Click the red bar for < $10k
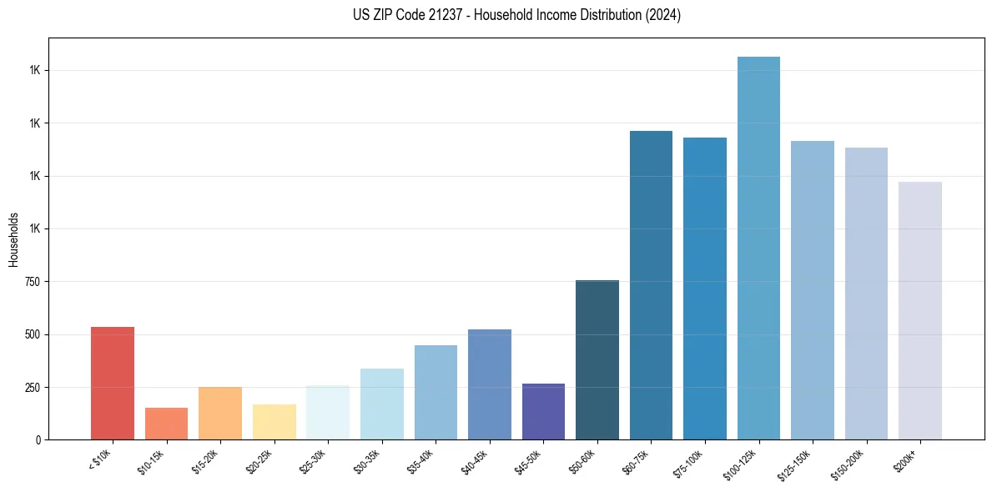[113, 384]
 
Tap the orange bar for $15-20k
[220, 414]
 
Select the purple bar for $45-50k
[543, 412]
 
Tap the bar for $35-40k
[436, 392]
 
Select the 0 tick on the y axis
[38, 440]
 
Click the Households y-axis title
[13, 239]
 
